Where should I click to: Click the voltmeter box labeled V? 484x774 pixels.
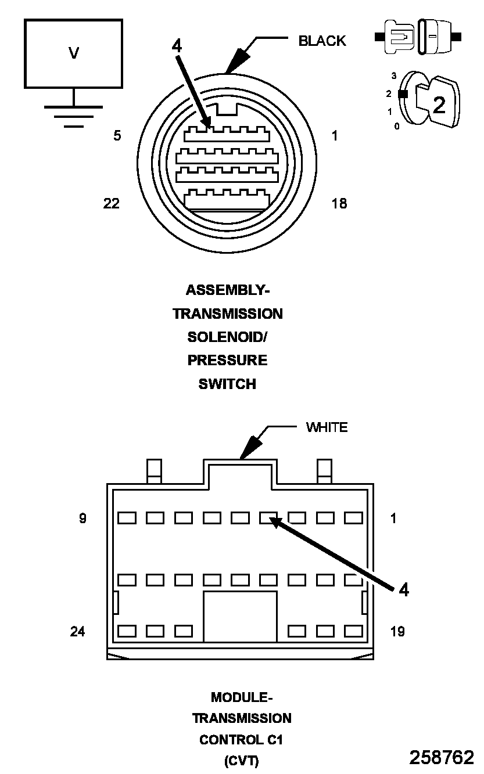click(73, 53)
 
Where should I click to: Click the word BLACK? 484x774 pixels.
click(322, 41)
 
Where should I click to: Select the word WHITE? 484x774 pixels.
click(327, 428)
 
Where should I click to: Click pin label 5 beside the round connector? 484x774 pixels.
click(117, 136)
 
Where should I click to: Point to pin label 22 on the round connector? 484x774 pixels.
click(112, 203)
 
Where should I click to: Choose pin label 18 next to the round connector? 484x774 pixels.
click(339, 203)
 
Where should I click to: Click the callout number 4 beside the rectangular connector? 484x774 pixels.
click(403, 590)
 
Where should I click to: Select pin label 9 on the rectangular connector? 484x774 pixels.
click(83, 519)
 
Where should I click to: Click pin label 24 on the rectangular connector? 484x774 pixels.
click(77, 631)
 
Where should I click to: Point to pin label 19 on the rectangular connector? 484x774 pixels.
click(397, 631)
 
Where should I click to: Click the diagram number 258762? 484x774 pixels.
click(442, 757)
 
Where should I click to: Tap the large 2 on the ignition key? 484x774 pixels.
click(439, 105)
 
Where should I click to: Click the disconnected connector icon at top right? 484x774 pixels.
click(418, 37)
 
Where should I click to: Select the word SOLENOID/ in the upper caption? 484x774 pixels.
click(227, 337)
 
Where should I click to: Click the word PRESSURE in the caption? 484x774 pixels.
click(227, 361)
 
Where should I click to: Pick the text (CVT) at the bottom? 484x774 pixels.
click(241, 761)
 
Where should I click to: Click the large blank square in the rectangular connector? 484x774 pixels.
click(240, 617)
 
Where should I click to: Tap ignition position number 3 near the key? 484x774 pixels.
click(393, 76)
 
